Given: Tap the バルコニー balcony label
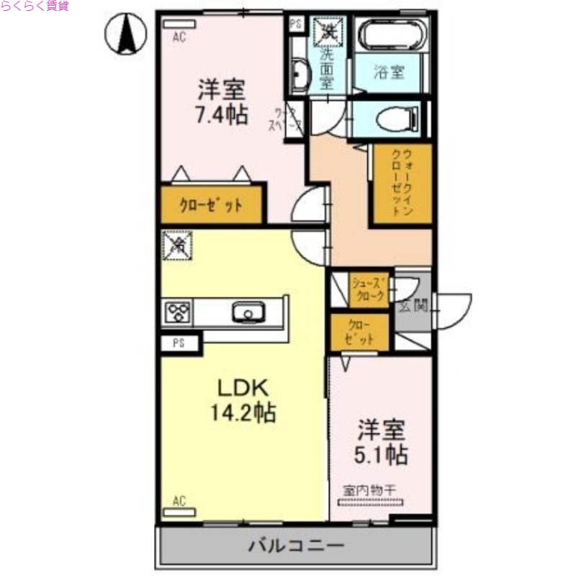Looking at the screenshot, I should (296, 545).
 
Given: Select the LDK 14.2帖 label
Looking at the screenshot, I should (243, 400).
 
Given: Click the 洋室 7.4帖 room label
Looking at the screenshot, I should (222, 102).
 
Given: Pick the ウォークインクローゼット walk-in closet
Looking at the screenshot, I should (400, 184).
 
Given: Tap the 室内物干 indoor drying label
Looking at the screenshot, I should (370, 490).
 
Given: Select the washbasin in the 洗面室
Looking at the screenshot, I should (299, 76).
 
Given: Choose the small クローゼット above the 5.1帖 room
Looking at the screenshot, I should (358, 332).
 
